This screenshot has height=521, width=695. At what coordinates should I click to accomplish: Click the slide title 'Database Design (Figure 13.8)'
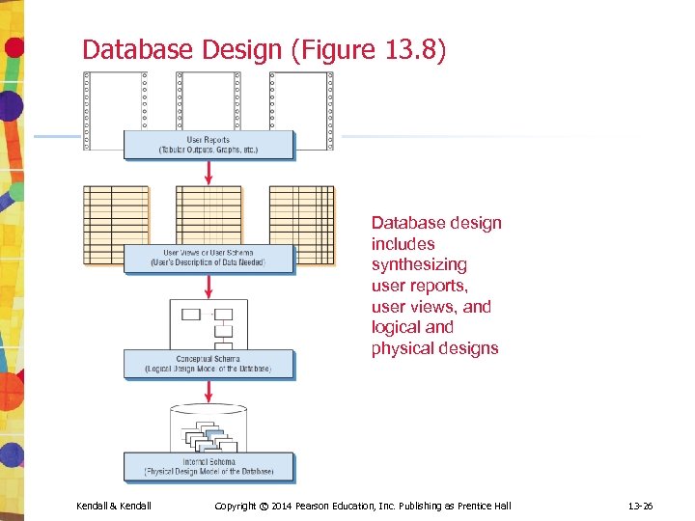[x=264, y=49]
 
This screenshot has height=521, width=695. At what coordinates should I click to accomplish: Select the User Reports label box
[x=208, y=145]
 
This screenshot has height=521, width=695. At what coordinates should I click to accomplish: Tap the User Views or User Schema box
[x=208, y=259]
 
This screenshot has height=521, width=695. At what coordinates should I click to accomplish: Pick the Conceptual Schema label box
[x=208, y=364]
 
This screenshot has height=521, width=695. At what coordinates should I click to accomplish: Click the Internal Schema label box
[x=208, y=467]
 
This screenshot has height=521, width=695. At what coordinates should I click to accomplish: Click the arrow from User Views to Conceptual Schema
[x=209, y=287]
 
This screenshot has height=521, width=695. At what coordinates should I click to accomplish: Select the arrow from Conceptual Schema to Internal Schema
[x=209, y=391]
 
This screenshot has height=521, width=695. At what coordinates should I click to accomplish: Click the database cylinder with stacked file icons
[x=209, y=428]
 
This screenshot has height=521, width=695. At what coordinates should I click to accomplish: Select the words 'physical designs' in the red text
[x=434, y=348]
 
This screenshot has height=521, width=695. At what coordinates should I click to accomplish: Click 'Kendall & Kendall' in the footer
[x=114, y=506]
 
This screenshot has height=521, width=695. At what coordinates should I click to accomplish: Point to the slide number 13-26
[x=640, y=506]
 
